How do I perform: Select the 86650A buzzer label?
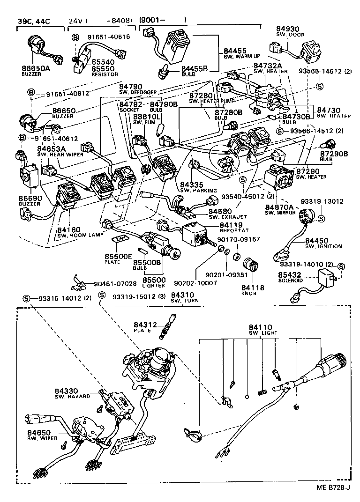click(x=36, y=68)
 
